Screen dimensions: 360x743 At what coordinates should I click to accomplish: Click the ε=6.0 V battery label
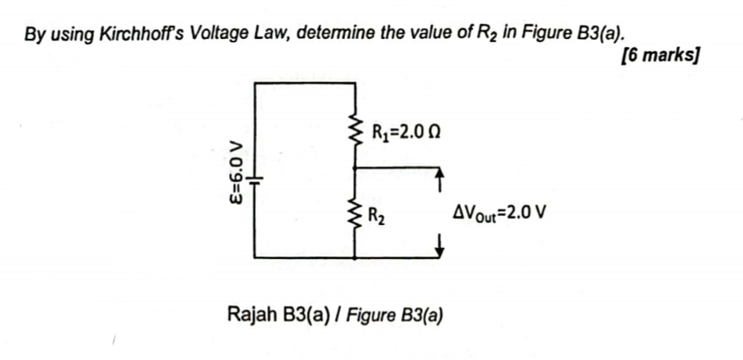pyautogui.click(x=237, y=176)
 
